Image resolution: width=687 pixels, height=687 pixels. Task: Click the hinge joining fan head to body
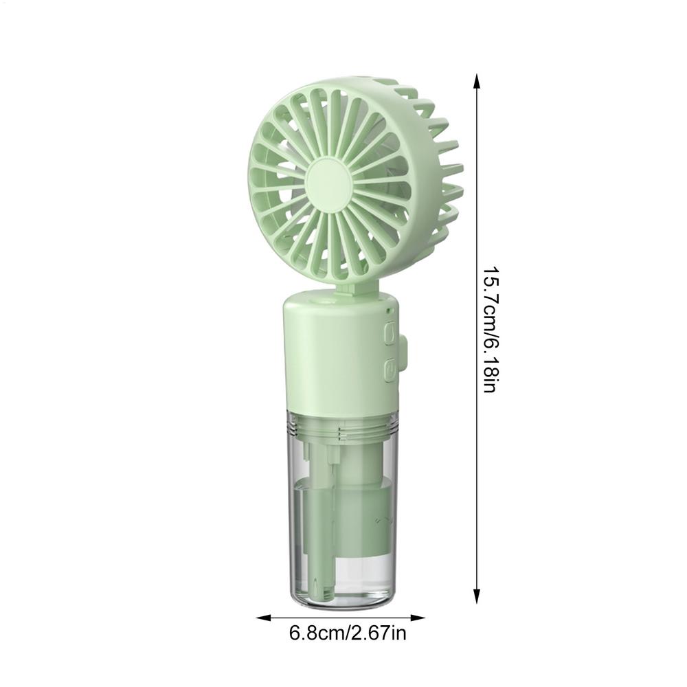[x=344, y=291]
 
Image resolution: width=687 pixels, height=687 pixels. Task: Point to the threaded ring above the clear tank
[x=343, y=431]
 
